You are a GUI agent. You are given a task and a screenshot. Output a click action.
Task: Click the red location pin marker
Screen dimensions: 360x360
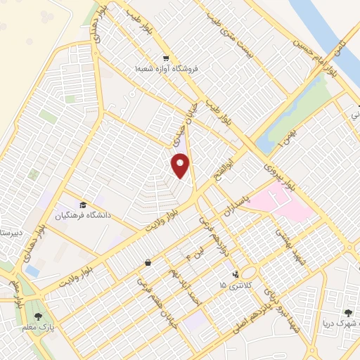coord(181,165)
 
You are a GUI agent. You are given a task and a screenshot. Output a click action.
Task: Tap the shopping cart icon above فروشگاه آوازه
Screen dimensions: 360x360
coord(165,58)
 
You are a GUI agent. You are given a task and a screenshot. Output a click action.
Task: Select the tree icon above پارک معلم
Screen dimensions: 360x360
coord(38,316)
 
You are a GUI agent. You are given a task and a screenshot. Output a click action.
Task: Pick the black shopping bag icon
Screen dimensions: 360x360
coord(148,262)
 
